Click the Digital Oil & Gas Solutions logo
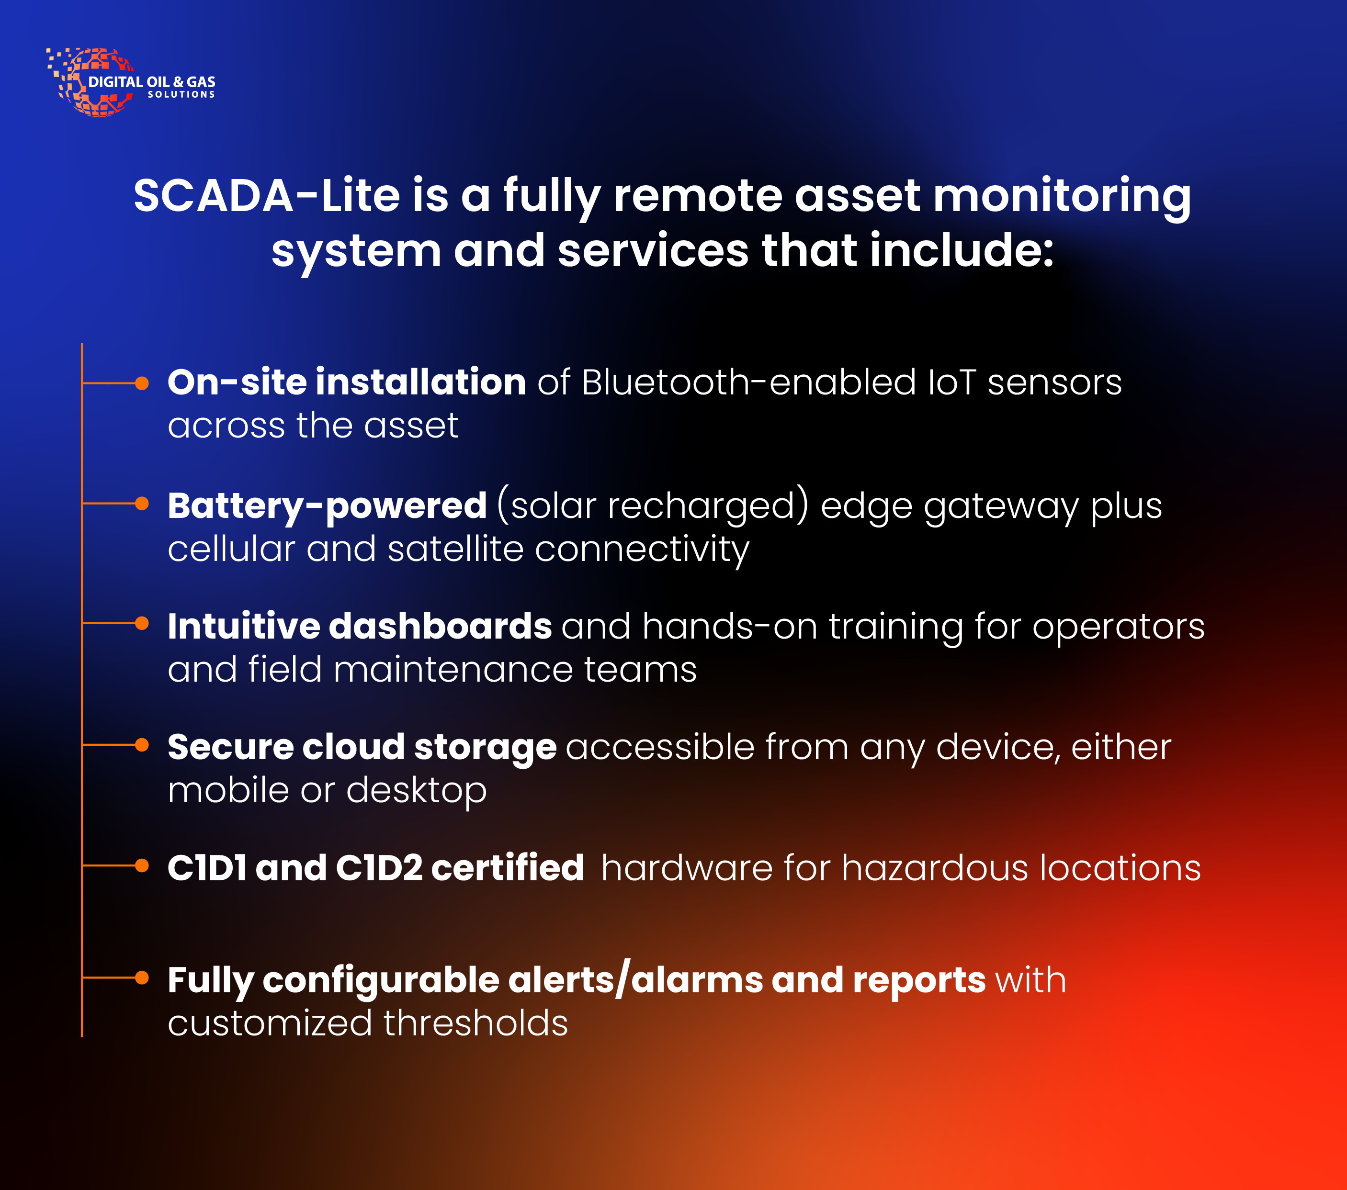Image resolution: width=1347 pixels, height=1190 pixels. tap(130, 82)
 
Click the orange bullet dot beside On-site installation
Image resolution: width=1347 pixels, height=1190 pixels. tap(142, 383)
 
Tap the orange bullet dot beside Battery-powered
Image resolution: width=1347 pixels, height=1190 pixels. tap(142, 504)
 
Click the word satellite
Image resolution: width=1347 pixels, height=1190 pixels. tap(455, 549)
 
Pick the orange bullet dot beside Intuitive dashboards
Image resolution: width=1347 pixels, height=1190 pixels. tap(142, 623)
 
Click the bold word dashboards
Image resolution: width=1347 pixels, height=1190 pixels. tap(440, 626)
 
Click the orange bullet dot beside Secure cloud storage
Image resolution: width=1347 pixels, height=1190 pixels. tap(142, 744)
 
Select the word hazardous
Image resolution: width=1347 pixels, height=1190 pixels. tap(934, 867)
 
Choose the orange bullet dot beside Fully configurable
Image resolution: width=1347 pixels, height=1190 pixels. tap(142, 978)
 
